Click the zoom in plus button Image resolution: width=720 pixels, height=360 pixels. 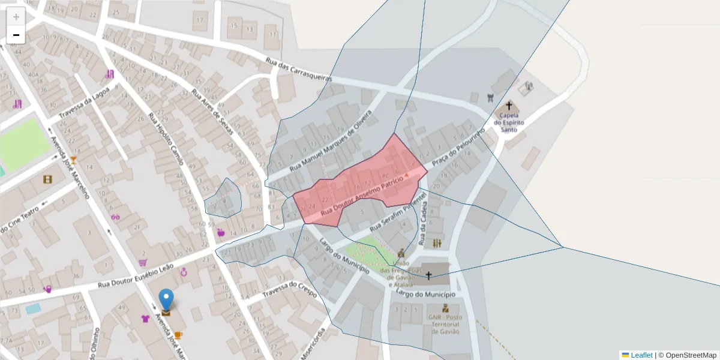16,17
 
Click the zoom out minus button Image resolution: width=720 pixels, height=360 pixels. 16,35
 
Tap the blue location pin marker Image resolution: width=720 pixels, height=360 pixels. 166,301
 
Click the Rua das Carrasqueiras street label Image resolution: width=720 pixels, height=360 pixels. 298,70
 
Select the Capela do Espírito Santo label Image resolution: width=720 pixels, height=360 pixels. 509,122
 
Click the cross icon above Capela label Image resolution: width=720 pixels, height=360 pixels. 509,106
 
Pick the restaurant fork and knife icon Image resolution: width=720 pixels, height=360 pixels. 437,243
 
